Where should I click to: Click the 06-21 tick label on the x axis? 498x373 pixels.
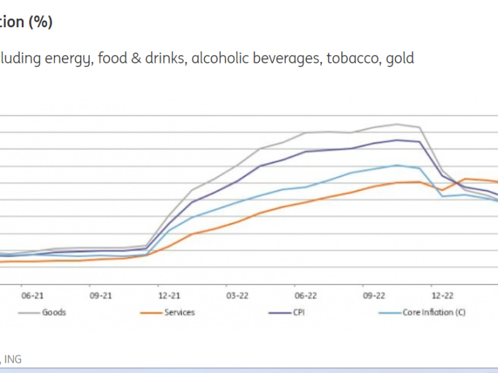pyautogui.click(x=33, y=296)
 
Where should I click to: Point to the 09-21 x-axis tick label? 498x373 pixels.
pyautogui.click(x=101, y=296)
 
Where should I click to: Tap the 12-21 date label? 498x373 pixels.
pyautogui.click(x=169, y=296)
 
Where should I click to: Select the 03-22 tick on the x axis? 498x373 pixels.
pyautogui.click(x=237, y=296)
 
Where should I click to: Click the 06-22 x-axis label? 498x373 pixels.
pyautogui.click(x=306, y=296)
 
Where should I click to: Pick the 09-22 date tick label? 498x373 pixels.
pyautogui.click(x=374, y=296)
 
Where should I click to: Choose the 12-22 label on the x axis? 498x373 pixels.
pyautogui.click(x=442, y=296)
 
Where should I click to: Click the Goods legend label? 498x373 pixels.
pyautogui.click(x=54, y=312)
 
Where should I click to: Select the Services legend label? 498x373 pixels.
pyautogui.click(x=179, y=312)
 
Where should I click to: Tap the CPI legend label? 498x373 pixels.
pyautogui.click(x=297, y=312)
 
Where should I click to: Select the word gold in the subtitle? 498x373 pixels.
pyautogui.click(x=400, y=58)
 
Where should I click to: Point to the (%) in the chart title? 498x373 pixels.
pyautogui.click(x=40, y=22)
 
